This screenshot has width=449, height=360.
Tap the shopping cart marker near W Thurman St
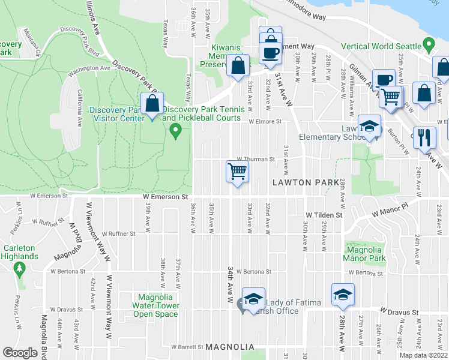click(x=237, y=172)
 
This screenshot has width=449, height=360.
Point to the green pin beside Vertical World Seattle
click(x=428, y=45)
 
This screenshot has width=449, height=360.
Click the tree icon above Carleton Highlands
click(x=20, y=268)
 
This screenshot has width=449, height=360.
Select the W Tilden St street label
click(x=324, y=214)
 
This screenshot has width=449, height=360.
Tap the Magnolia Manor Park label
click(x=363, y=254)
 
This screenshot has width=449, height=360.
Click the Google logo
click(x=20, y=353)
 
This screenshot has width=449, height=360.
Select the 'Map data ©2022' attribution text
click(x=423, y=355)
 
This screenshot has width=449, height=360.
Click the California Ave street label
click(x=79, y=108)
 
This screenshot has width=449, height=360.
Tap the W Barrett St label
click(x=186, y=347)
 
